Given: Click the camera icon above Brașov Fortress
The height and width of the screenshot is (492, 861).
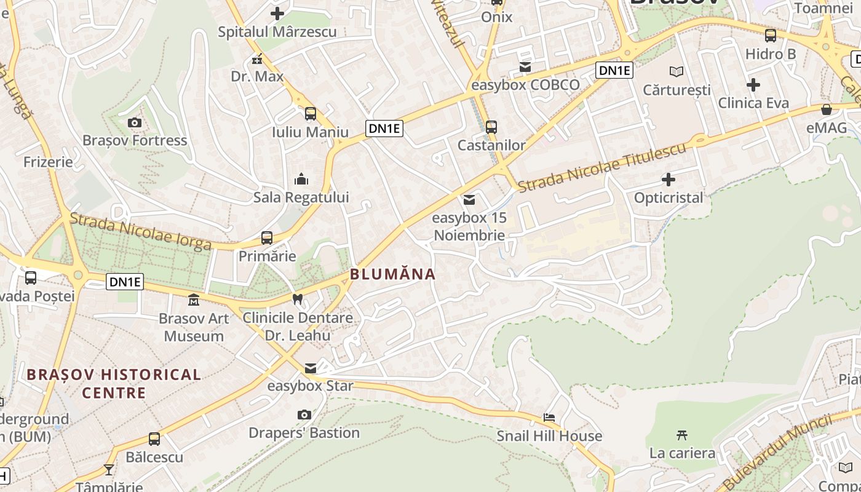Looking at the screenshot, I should point(135,123).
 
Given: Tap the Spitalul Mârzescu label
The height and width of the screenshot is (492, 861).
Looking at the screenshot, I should point(277,31).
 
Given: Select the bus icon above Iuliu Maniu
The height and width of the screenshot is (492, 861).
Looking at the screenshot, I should point(311,114).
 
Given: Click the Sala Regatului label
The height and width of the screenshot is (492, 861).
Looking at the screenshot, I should point(301,197).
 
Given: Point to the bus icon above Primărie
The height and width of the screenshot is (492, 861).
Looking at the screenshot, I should point(267,238).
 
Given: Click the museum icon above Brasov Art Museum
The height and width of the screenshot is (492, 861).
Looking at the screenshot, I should point(194,301).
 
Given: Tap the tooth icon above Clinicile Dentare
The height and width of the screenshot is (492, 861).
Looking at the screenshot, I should point(298,300).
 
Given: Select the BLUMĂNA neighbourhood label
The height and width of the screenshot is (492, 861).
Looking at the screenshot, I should point(392,274).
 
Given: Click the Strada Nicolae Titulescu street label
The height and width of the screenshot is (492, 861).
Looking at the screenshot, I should point(601,167).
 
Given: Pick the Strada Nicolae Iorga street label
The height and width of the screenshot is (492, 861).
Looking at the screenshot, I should point(140,231).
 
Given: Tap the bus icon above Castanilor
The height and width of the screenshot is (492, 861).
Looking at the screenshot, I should point(491,127).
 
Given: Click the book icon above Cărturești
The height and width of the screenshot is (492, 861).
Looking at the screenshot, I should point(676,72).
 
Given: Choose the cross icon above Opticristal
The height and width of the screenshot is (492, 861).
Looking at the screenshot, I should point(669,180).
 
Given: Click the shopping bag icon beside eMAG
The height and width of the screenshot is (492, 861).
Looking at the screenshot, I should point(827,109).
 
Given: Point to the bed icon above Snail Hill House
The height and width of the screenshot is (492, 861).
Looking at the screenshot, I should point(549,418).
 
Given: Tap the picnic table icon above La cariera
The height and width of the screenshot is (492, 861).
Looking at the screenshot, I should point(681,435).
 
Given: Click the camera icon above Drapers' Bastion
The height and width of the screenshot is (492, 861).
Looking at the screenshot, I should point(304,415).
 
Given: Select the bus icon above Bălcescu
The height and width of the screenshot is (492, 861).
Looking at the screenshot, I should point(154,439).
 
